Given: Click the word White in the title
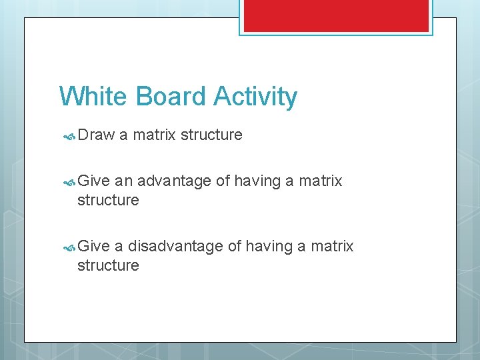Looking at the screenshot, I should [x=94, y=97].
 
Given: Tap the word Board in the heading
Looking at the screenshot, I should [x=171, y=97].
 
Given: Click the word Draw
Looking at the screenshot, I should [x=96, y=135].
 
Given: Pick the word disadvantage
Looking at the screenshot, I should [x=175, y=247].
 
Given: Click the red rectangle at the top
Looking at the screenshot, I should [x=336, y=15].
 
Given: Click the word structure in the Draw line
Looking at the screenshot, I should [x=211, y=135].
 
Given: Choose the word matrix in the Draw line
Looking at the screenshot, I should [x=155, y=135].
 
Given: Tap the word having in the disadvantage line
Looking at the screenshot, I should [x=270, y=247].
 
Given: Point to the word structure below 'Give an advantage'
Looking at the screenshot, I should [x=108, y=200].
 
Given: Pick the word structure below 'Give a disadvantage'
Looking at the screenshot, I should [x=108, y=265].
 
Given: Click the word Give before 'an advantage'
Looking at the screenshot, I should [x=94, y=181].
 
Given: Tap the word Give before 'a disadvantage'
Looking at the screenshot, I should [x=94, y=247].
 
